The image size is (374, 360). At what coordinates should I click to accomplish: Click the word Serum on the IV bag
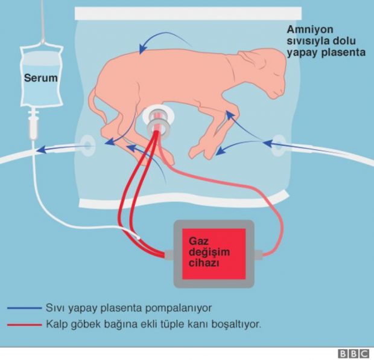click(41, 78)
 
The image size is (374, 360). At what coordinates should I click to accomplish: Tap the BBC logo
click(353, 354)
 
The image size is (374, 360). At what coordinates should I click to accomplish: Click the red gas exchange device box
click(214, 254)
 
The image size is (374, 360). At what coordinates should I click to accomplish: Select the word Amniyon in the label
click(310, 30)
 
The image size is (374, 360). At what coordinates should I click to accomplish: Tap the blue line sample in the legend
click(24, 308)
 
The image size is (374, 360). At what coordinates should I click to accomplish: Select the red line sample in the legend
click(24, 325)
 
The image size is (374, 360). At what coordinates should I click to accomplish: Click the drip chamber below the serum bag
click(33, 126)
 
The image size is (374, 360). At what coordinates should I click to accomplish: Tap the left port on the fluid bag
click(88, 146)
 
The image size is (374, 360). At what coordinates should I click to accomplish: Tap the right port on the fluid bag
click(279, 146)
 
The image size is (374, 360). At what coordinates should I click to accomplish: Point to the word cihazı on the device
click(204, 263)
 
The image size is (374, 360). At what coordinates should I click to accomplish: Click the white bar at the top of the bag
click(188, 13)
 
